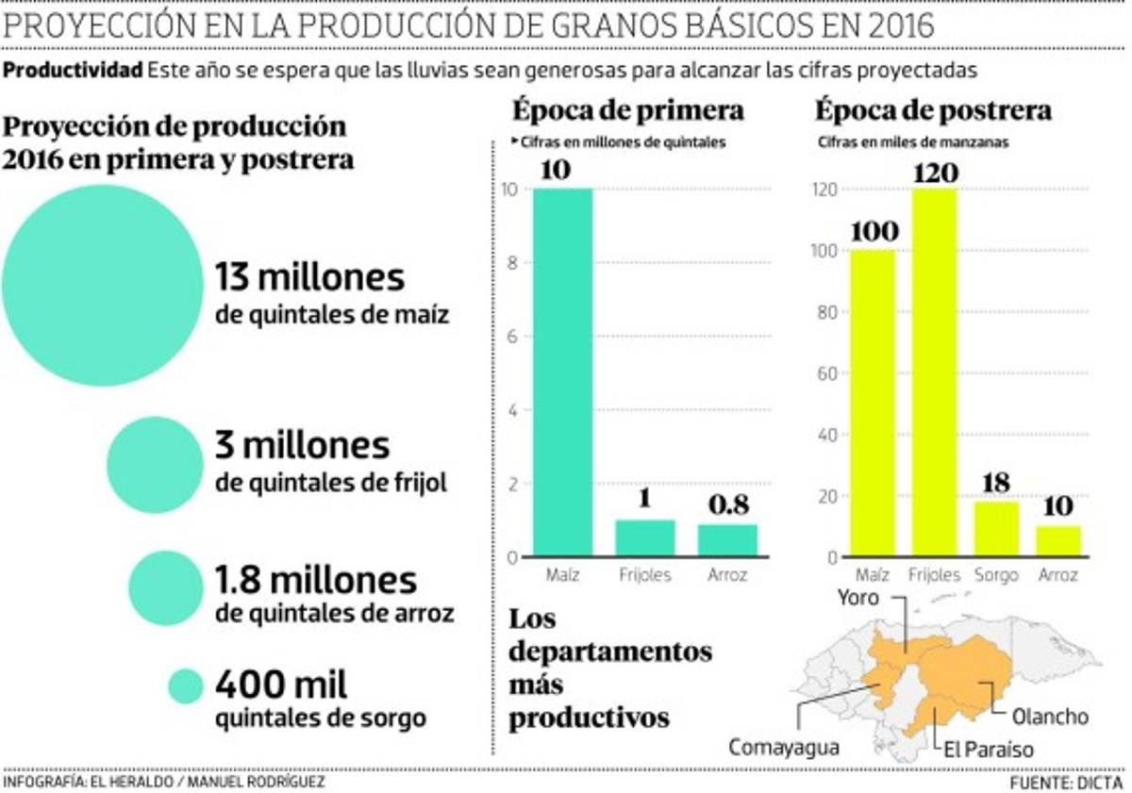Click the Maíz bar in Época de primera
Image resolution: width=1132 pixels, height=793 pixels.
pyautogui.click(x=563, y=372)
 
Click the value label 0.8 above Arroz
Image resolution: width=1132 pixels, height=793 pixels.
pyautogui.click(x=729, y=505)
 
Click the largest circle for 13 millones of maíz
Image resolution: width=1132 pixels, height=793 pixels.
pyautogui.click(x=102, y=285)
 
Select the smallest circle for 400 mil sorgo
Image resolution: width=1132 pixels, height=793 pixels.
pyautogui.click(x=186, y=686)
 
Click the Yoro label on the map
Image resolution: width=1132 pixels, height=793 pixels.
pyautogui.click(x=857, y=598)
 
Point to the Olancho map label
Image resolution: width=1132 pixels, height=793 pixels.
pyautogui.click(x=1049, y=717)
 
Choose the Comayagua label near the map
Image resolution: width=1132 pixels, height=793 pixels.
pyautogui.click(x=783, y=747)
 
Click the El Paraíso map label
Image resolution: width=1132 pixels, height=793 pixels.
pyautogui.click(x=989, y=750)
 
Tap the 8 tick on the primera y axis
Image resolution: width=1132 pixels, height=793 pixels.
pyautogui.click(x=512, y=263)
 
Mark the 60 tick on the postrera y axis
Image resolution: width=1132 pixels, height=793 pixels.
pyautogui.click(x=825, y=373)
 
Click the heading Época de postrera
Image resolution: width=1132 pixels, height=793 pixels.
pyautogui.click(x=932, y=110)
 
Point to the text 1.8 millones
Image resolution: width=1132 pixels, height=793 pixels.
pyautogui.click(x=316, y=578)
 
